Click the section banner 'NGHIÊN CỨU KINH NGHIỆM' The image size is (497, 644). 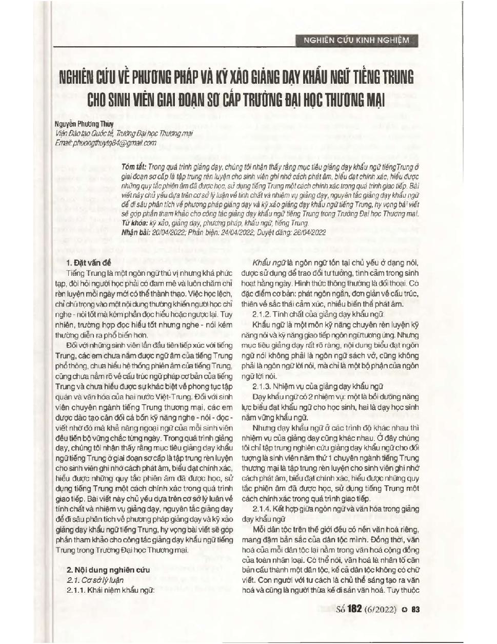point(356,40)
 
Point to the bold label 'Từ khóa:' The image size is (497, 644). point(134,223)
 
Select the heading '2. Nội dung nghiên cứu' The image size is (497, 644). point(108,570)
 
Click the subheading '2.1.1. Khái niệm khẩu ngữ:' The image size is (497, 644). point(111,590)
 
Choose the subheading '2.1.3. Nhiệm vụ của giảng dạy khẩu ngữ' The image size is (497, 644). point(318,386)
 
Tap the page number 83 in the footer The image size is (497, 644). point(415,610)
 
